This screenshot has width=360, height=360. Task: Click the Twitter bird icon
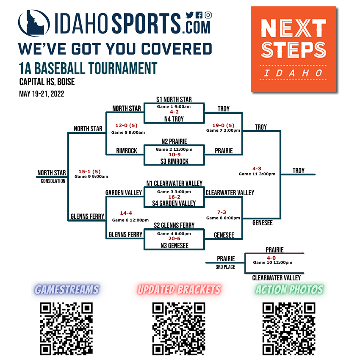189,15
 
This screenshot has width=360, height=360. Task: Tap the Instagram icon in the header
208,15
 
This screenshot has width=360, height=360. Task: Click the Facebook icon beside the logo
199,15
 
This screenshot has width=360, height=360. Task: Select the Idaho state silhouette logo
34,23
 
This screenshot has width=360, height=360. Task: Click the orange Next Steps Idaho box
294,49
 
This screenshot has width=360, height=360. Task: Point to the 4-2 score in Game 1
174,112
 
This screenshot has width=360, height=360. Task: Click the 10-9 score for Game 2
174,155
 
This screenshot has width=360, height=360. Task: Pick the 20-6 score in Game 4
174,238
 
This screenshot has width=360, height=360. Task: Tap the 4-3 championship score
257,169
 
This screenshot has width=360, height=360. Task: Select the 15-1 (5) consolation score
89,172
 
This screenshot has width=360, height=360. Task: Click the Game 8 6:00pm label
223,218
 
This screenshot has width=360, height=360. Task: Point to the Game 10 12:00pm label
272,263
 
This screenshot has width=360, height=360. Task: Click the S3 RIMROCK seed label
174,161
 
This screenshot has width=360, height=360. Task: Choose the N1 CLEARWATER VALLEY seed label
174,183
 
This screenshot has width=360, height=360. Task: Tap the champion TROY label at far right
299,171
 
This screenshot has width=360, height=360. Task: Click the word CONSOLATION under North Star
53,181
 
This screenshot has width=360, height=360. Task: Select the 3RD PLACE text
225,267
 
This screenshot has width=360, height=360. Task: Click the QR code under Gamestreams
66,329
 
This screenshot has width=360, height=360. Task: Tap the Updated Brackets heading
179,289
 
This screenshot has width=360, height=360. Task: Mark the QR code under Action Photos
289,329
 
